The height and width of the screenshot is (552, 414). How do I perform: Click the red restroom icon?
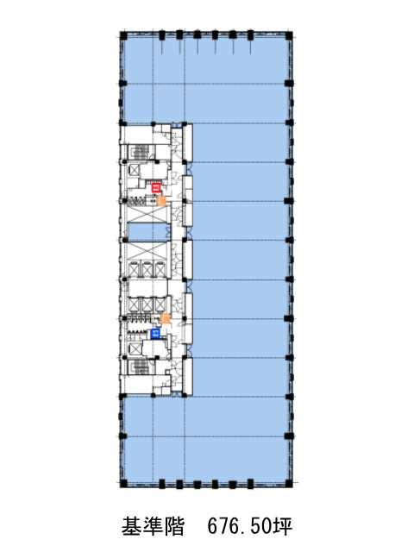click(156, 188)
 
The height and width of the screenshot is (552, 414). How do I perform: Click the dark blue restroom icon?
click(155, 334)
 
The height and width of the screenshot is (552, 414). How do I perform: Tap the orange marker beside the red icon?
click(161, 201)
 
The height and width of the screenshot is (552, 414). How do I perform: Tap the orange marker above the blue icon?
click(165, 319)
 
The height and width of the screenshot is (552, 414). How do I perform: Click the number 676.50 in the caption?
click(239, 526)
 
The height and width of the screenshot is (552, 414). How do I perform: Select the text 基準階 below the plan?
click(154, 526)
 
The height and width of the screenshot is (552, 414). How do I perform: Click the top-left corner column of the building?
click(123, 35)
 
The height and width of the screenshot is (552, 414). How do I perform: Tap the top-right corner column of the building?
click(289, 35)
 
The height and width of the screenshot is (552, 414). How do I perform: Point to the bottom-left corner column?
click(123, 483)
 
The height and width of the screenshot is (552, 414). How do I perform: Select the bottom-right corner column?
click(289, 483)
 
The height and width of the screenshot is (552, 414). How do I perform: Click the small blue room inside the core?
click(147, 232)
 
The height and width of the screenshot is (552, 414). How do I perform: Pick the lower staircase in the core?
click(140, 367)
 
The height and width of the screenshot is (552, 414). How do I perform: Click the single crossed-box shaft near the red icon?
click(134, 171)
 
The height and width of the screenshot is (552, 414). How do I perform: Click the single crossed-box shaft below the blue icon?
click(134, 349)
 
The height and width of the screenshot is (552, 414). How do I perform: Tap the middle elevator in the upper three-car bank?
click(147, 270)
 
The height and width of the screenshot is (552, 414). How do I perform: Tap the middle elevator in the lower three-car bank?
click(147, 304)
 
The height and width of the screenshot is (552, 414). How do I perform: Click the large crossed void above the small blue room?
click(147, 214)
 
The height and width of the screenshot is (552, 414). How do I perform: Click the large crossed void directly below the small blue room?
click(147, 250)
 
